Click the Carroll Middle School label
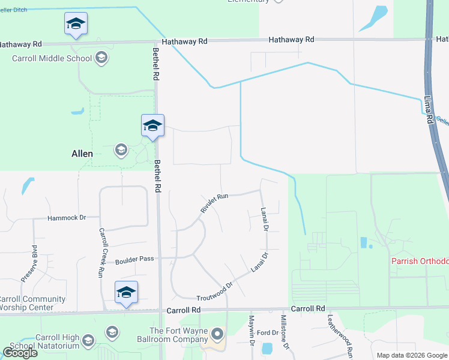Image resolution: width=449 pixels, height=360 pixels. pyautogui.click(x=52, y=58)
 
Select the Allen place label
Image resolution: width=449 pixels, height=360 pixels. pyautogui.click(x=82, y=154)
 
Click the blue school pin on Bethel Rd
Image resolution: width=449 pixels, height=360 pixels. pyautogui.click(x=152, y=126)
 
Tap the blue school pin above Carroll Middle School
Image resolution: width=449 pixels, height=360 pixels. pyautogui.click(x=76, y=25)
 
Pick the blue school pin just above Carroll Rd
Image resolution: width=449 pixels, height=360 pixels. pyautogui.click(x=126, y=293)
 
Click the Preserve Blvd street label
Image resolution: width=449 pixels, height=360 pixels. pyautogui.click(x=29, y=263)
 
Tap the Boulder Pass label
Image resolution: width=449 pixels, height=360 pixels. pyautogui.click(x=134, y=259)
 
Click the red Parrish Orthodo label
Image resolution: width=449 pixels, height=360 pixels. pyautogui.click(x=420, y=261)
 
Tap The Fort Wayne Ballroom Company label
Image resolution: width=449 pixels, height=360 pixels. pyautogui.click(x=178, y=335)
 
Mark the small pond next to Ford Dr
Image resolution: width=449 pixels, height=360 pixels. pyautogui.click(x=267, y=348)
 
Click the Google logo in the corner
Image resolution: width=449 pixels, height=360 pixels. pyautogui.click(x=20, y=353)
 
